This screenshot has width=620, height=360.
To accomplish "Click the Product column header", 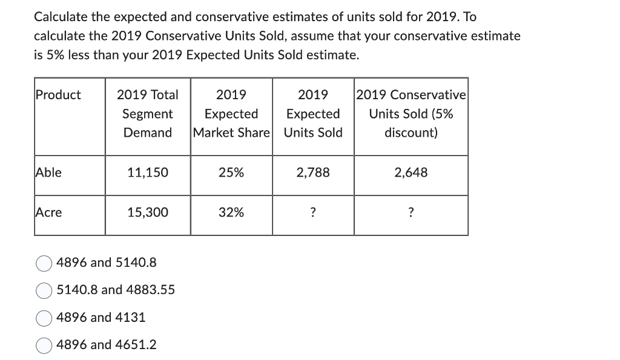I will tap(58, 95).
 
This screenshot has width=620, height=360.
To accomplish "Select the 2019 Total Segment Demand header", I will tap(148, 114).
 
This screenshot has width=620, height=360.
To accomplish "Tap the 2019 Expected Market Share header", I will tap(231, 114).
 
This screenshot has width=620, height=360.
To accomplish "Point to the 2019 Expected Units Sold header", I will tap(313, 114).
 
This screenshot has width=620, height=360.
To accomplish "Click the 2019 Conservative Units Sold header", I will tap(411, 114).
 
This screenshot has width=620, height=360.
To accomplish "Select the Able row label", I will tap(48, 172).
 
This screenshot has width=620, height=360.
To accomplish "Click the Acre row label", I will tap(49, 212).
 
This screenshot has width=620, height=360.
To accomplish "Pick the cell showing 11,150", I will tap(148, 172).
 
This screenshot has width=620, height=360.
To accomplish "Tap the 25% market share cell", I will tap(231, 172).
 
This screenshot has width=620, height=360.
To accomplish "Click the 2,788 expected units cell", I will tap(313, 172).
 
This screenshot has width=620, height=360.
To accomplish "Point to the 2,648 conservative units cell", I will tap(411, 172).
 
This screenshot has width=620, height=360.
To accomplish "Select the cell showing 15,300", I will tap(148, 212).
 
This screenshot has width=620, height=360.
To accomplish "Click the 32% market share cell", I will tap(231, 212).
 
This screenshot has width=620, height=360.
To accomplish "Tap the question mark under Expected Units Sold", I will tap(313, 212).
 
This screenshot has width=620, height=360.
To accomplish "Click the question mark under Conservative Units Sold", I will tap(411, 212).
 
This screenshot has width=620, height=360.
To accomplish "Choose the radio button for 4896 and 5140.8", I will tap(44, 263).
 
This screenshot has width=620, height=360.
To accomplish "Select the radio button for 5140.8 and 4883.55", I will tap(44, 290).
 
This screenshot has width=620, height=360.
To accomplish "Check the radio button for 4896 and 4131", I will tap(44, 318).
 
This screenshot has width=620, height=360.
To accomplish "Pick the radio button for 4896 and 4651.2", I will tap(44, 345).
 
